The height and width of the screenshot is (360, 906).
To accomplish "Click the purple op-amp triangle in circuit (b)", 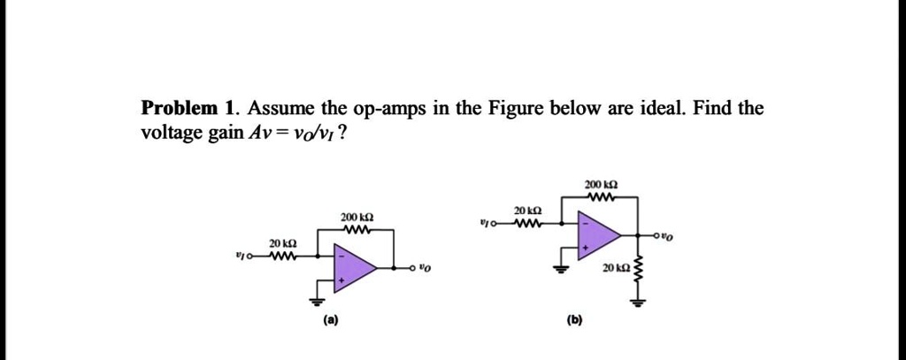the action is tap(596, 234).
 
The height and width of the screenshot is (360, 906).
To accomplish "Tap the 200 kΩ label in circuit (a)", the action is tap(357, 218).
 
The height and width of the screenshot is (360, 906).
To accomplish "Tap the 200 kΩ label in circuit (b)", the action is tap(601, 185).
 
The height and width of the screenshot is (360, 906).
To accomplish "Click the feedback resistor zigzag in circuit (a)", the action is tap(356, 230).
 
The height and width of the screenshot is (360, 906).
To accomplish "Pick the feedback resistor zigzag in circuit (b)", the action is tap(601, 197).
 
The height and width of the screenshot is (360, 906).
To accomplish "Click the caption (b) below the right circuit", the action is tap(575, 319).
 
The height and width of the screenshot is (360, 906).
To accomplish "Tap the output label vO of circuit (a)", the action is tap(425, 268).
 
